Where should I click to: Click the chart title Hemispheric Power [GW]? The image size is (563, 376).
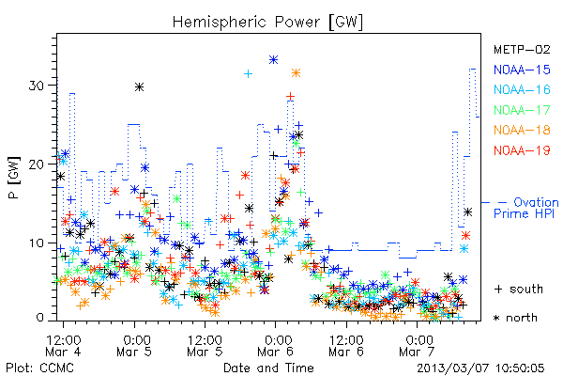pos(267,23)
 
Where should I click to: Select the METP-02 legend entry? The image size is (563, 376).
pos(522,49)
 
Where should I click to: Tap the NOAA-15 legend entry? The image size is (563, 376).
pos(522,70)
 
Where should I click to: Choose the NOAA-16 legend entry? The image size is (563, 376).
pos(522,89)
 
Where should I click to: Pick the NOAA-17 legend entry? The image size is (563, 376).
pos(522,110)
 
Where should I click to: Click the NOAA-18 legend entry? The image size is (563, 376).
pos(522,130)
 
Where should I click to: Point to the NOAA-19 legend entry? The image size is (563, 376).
pos(522,150)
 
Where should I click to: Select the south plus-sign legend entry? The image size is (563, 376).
pos(519,289)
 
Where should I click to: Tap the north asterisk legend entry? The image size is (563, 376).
pos(515,318)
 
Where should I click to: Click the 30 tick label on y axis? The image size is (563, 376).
pos(38,86)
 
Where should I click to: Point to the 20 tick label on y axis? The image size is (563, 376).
pos(38,164)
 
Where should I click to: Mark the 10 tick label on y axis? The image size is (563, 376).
pos(38,243)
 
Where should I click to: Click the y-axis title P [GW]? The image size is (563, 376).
pos(14,178)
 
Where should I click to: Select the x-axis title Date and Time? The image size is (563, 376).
pos(268,368)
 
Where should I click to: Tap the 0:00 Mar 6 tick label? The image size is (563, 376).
pos(276,345)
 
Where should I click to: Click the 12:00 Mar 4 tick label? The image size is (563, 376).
pos(63,345)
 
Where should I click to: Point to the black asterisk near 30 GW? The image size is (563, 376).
pos(139,87)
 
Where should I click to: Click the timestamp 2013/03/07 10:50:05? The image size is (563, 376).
pos(480,368)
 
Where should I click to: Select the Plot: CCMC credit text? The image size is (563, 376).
pos(39,368)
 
